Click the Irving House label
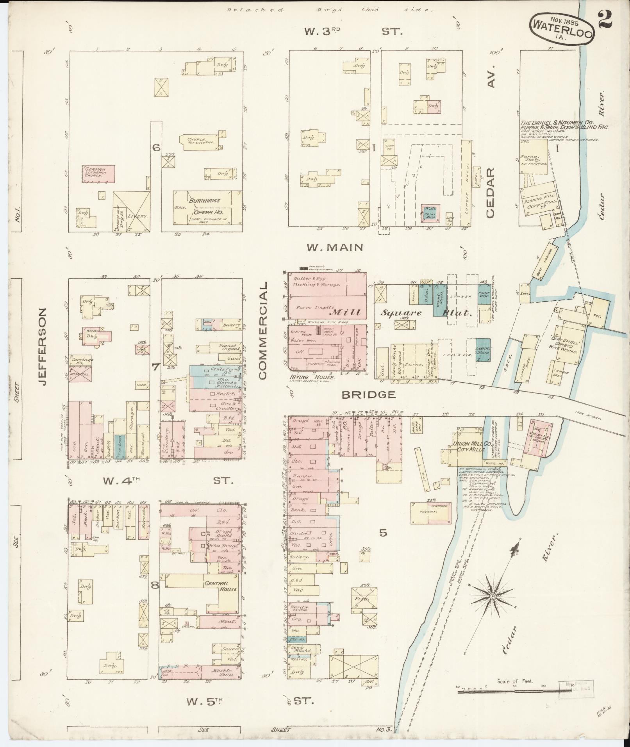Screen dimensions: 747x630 312,377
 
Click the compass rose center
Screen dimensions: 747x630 493,607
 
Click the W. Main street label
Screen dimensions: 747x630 335,247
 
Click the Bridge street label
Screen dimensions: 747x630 369,395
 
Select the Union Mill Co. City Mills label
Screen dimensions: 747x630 469,447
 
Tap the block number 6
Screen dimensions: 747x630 156,148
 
